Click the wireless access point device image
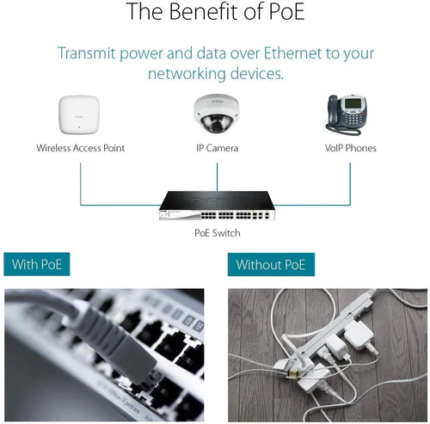[x=79, y=114]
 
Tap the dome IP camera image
[x=216, y=114]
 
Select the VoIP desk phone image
[x=347, y=115]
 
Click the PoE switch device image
[x=217, y=206]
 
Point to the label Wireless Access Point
[x=81, y=148]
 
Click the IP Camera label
[x=217, y=148]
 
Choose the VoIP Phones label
[x=350, y=148]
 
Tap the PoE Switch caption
[x=218, y=233]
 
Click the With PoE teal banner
[x=37, y=264]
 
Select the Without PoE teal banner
[x=271, y=264]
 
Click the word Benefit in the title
[x=205, y=11]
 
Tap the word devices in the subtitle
[x=257, y=74]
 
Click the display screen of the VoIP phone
[x=353, y=103]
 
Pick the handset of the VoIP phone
[x=332, y=109]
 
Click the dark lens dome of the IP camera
[x=216, y=123]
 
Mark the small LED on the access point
[x=79, y=126]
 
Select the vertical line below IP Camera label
[x=217, y=176]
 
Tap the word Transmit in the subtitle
[x=86, y=53]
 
